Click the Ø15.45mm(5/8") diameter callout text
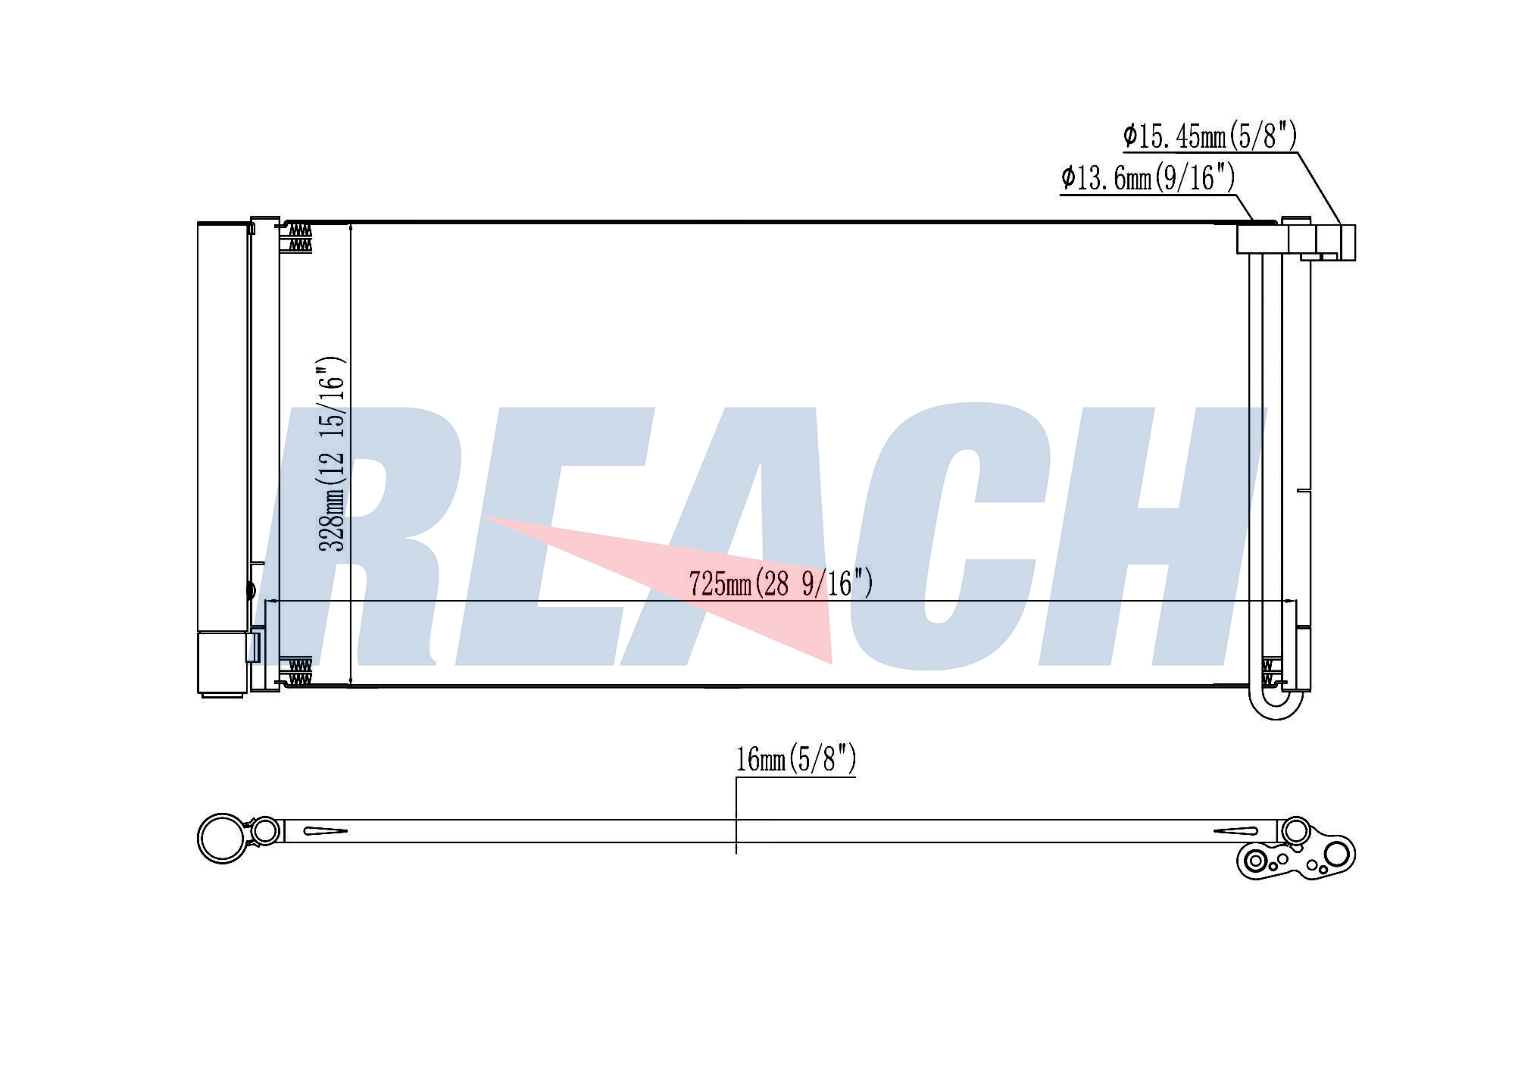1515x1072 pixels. click(x=1210, y=136)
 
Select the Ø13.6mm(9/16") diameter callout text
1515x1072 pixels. click(x=1148, y=179)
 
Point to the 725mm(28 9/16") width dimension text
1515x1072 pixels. click(x=781, y=584)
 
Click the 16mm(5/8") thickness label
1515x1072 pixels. click(x=796, y=758)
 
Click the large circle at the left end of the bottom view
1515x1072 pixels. click(x=223, y=838)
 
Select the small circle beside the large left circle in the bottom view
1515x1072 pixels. click(x=264, y=831)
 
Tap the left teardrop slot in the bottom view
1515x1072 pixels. click(x=325, y=831)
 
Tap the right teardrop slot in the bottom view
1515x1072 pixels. click(x=1235, y=831)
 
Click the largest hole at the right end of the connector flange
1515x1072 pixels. click(x=1337, y=853)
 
